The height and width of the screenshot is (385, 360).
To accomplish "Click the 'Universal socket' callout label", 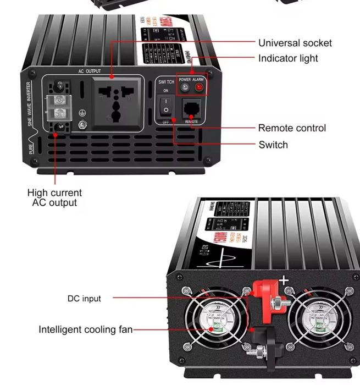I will pos(295,43).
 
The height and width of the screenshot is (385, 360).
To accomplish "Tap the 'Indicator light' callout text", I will pos(288,58).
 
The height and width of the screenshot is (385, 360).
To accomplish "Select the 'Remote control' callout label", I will pos(292,128).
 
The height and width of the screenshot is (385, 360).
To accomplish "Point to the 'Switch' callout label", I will pos(273,145).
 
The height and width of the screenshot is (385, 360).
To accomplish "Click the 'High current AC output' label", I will pos(54,197).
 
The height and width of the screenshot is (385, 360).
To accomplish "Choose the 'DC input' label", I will pos(84,299).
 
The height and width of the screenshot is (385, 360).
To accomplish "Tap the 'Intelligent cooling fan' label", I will pos(85,330).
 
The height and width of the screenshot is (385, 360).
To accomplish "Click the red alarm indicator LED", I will pos(198,87).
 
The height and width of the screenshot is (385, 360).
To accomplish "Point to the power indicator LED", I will pos(185,87).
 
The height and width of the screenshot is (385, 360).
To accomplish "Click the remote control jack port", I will pos(191,107).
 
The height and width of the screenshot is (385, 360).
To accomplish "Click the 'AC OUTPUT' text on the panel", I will pos(90,71).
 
